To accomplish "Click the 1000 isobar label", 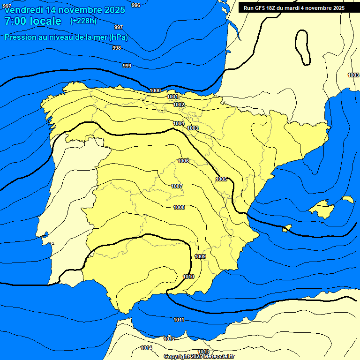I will coord(155,90).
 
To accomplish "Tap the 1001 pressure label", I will coord(172,97).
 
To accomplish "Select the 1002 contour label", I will coord(179,105).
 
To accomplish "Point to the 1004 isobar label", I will coord(179,123).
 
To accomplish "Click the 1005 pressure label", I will coord(222,179).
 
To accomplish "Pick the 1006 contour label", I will coord(183,161).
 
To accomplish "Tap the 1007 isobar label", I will coord(177,186).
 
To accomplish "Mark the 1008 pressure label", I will coord(179,207).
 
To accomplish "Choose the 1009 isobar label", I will coord(200,256).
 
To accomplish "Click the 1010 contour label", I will coord(188,277).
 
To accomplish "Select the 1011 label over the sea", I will coord(179,320).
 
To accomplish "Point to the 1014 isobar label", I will coord(146,348).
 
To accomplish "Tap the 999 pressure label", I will coord(127,66).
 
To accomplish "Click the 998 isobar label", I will coord(117,48).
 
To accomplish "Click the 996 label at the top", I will coord(136,5).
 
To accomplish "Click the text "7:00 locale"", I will coord(33,21).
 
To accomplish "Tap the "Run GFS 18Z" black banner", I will coord(294,7).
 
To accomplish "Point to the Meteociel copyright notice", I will coord(199,356).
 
